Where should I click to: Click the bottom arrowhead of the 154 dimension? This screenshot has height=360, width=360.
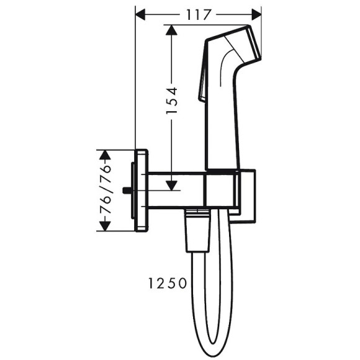(x=171, y=184)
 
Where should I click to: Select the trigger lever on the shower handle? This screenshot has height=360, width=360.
(x=202, y=84)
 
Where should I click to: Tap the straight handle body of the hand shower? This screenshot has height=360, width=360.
(x=222, y=124)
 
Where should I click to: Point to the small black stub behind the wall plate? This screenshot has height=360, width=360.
(x=127, y=191)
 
